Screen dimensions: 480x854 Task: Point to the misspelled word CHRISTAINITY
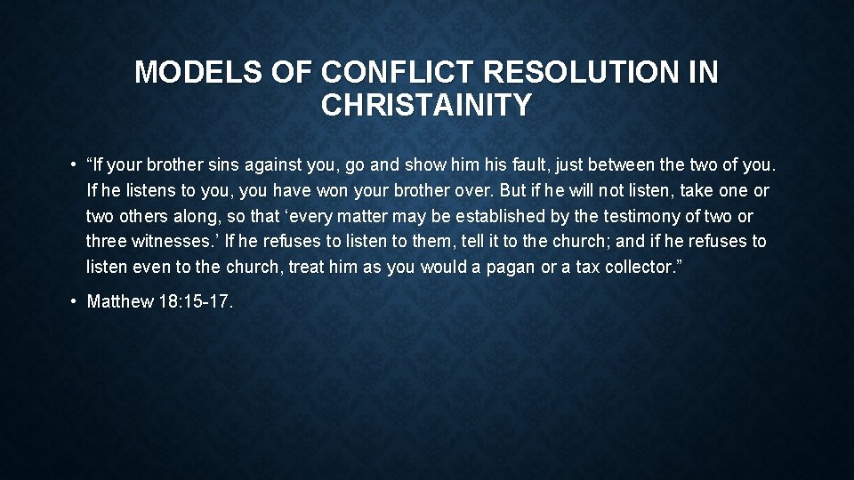point(427,106)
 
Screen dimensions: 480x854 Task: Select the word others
point(143,216)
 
